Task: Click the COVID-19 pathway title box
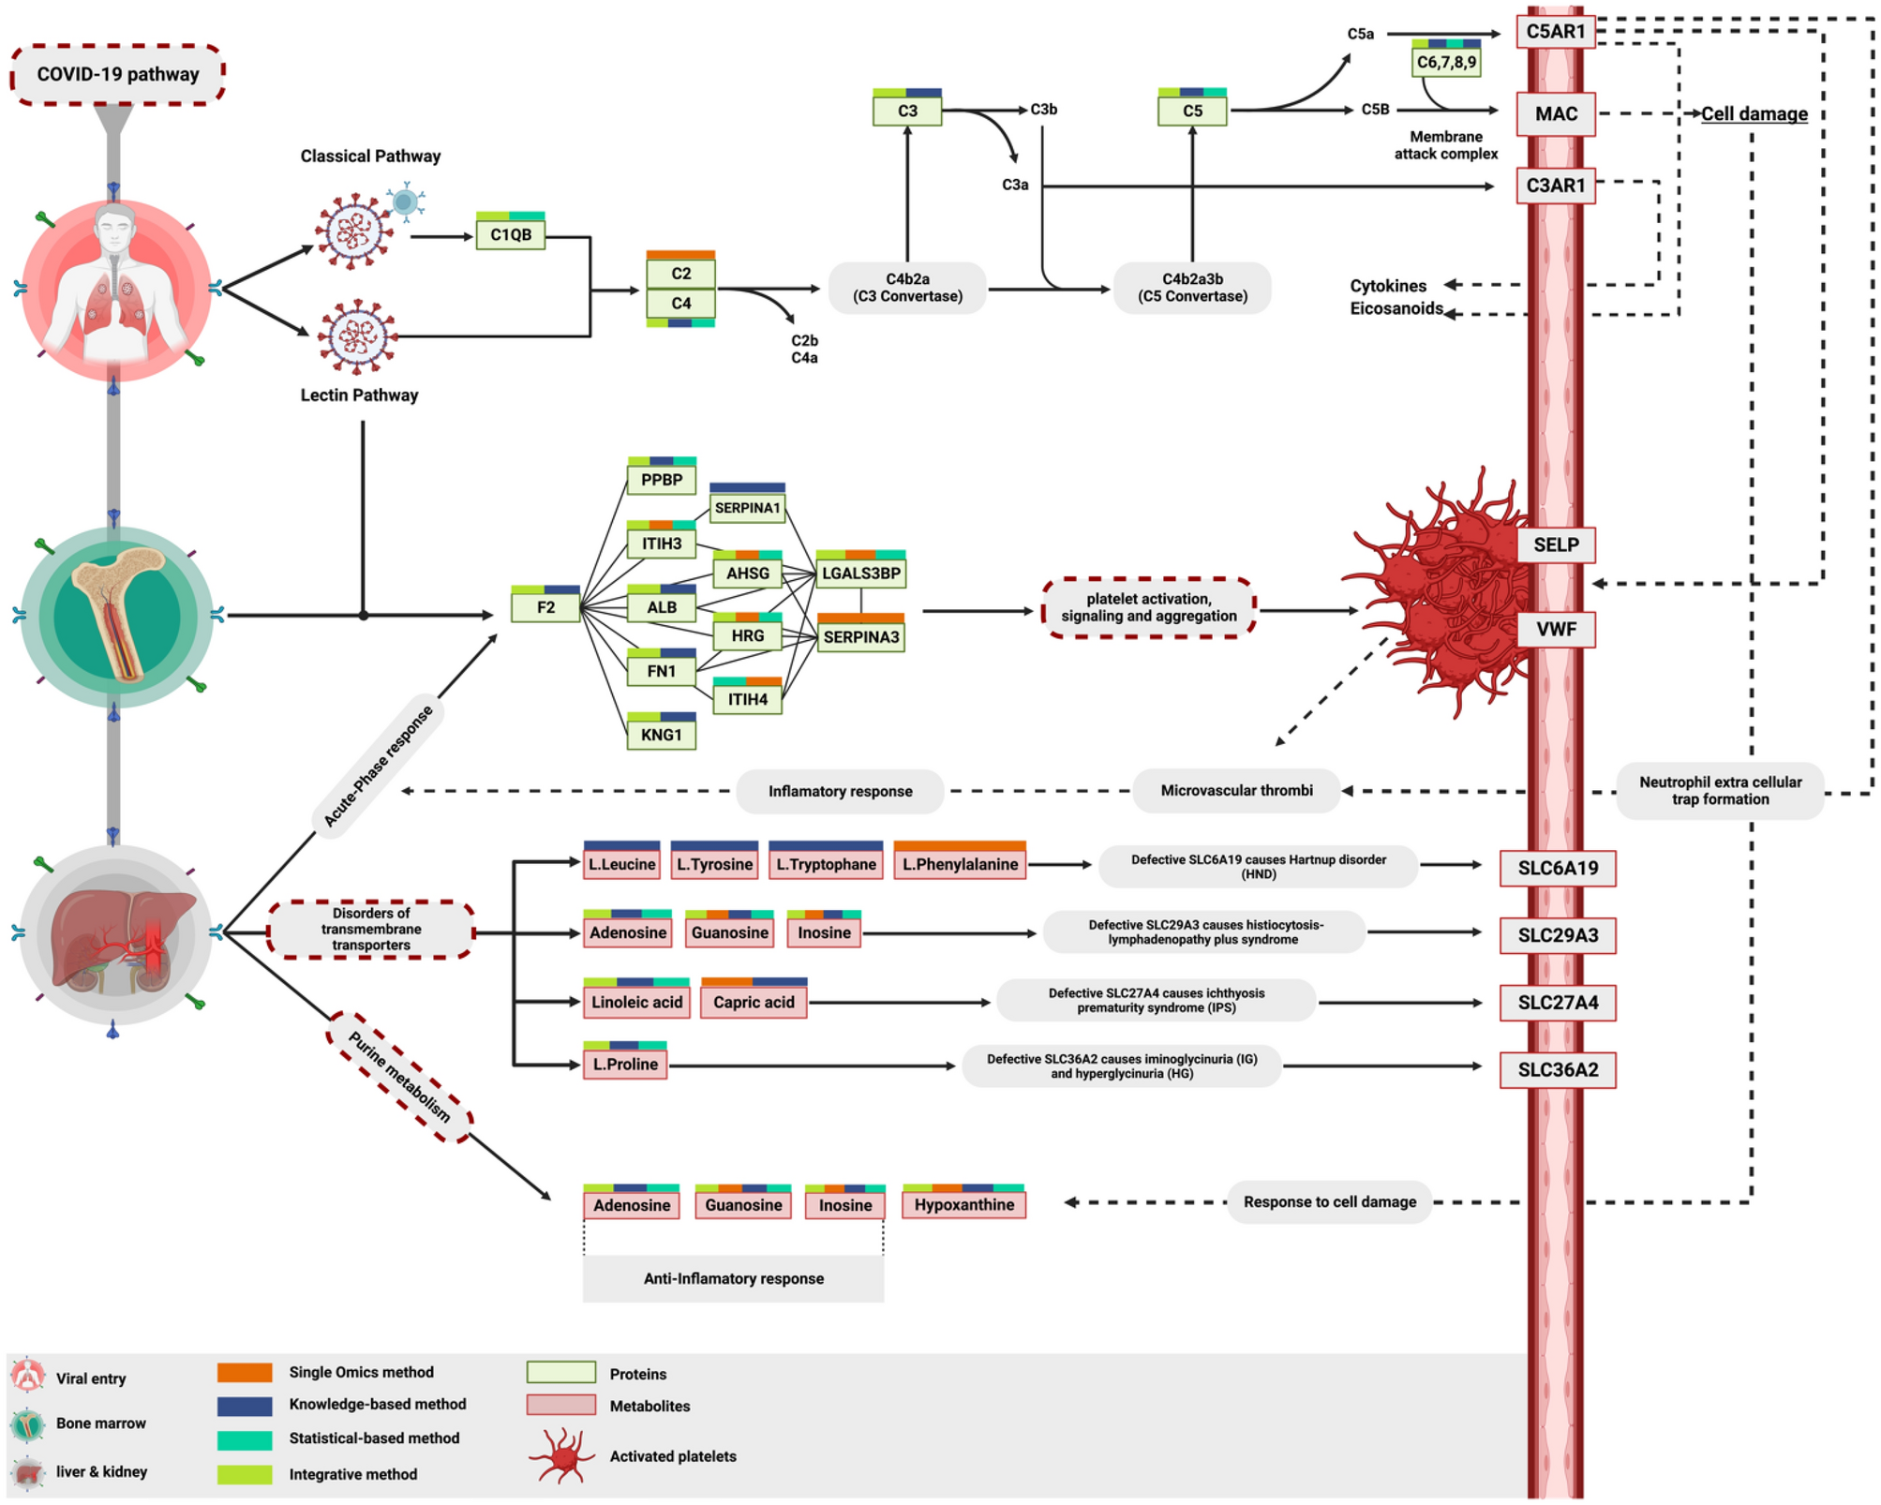[117, 74]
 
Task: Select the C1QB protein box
[510, 234]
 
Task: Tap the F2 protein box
[545, 607]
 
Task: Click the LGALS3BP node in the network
[860, 573]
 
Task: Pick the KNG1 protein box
[661, 735]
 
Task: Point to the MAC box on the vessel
[1555, 113]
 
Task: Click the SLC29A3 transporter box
[1557, 935]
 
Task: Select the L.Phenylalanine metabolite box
[960, 864]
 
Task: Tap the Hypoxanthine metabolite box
[963, 1204]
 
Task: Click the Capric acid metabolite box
[754, 1002]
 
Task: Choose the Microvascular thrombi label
[1235, 790]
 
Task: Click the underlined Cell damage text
[1754, 113]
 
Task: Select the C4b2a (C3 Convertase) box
[906, 288]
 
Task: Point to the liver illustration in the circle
[117, 937]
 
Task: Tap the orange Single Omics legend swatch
[245, 1372]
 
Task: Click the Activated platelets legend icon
[562, 1455]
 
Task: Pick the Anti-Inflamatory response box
[733, 1278]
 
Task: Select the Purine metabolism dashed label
[399, 1077]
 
